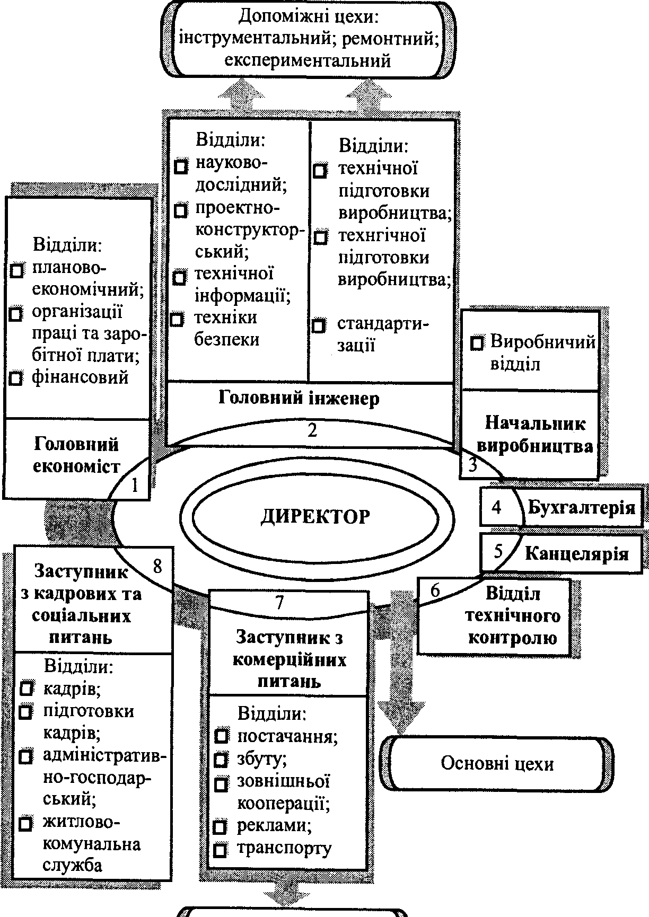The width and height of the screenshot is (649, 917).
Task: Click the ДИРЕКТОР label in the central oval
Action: click(x=315, y=516)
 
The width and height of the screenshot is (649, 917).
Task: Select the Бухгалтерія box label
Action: click(x=581, y=507)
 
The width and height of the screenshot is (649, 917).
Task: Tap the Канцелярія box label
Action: click(x=576, y=554)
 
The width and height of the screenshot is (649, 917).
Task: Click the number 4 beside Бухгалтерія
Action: click(x=496, y=507)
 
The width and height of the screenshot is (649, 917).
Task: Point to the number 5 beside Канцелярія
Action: click(x=498, y=552)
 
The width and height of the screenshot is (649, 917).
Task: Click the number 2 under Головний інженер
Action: click(x=312, y=430)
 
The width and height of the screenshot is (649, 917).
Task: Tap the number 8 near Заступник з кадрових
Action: click(x=157, y=566)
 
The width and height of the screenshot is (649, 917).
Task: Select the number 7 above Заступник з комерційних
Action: click(x=279, y=602)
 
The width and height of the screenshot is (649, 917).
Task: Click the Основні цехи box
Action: click(x=497, y=763)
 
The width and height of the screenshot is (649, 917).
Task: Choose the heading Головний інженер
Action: click(x=299, y=398)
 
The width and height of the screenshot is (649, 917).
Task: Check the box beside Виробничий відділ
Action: click(x=477, y=343)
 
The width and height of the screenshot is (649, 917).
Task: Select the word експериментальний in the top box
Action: click(x=308, y=61)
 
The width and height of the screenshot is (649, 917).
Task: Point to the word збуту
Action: click(x=262, y=759)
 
